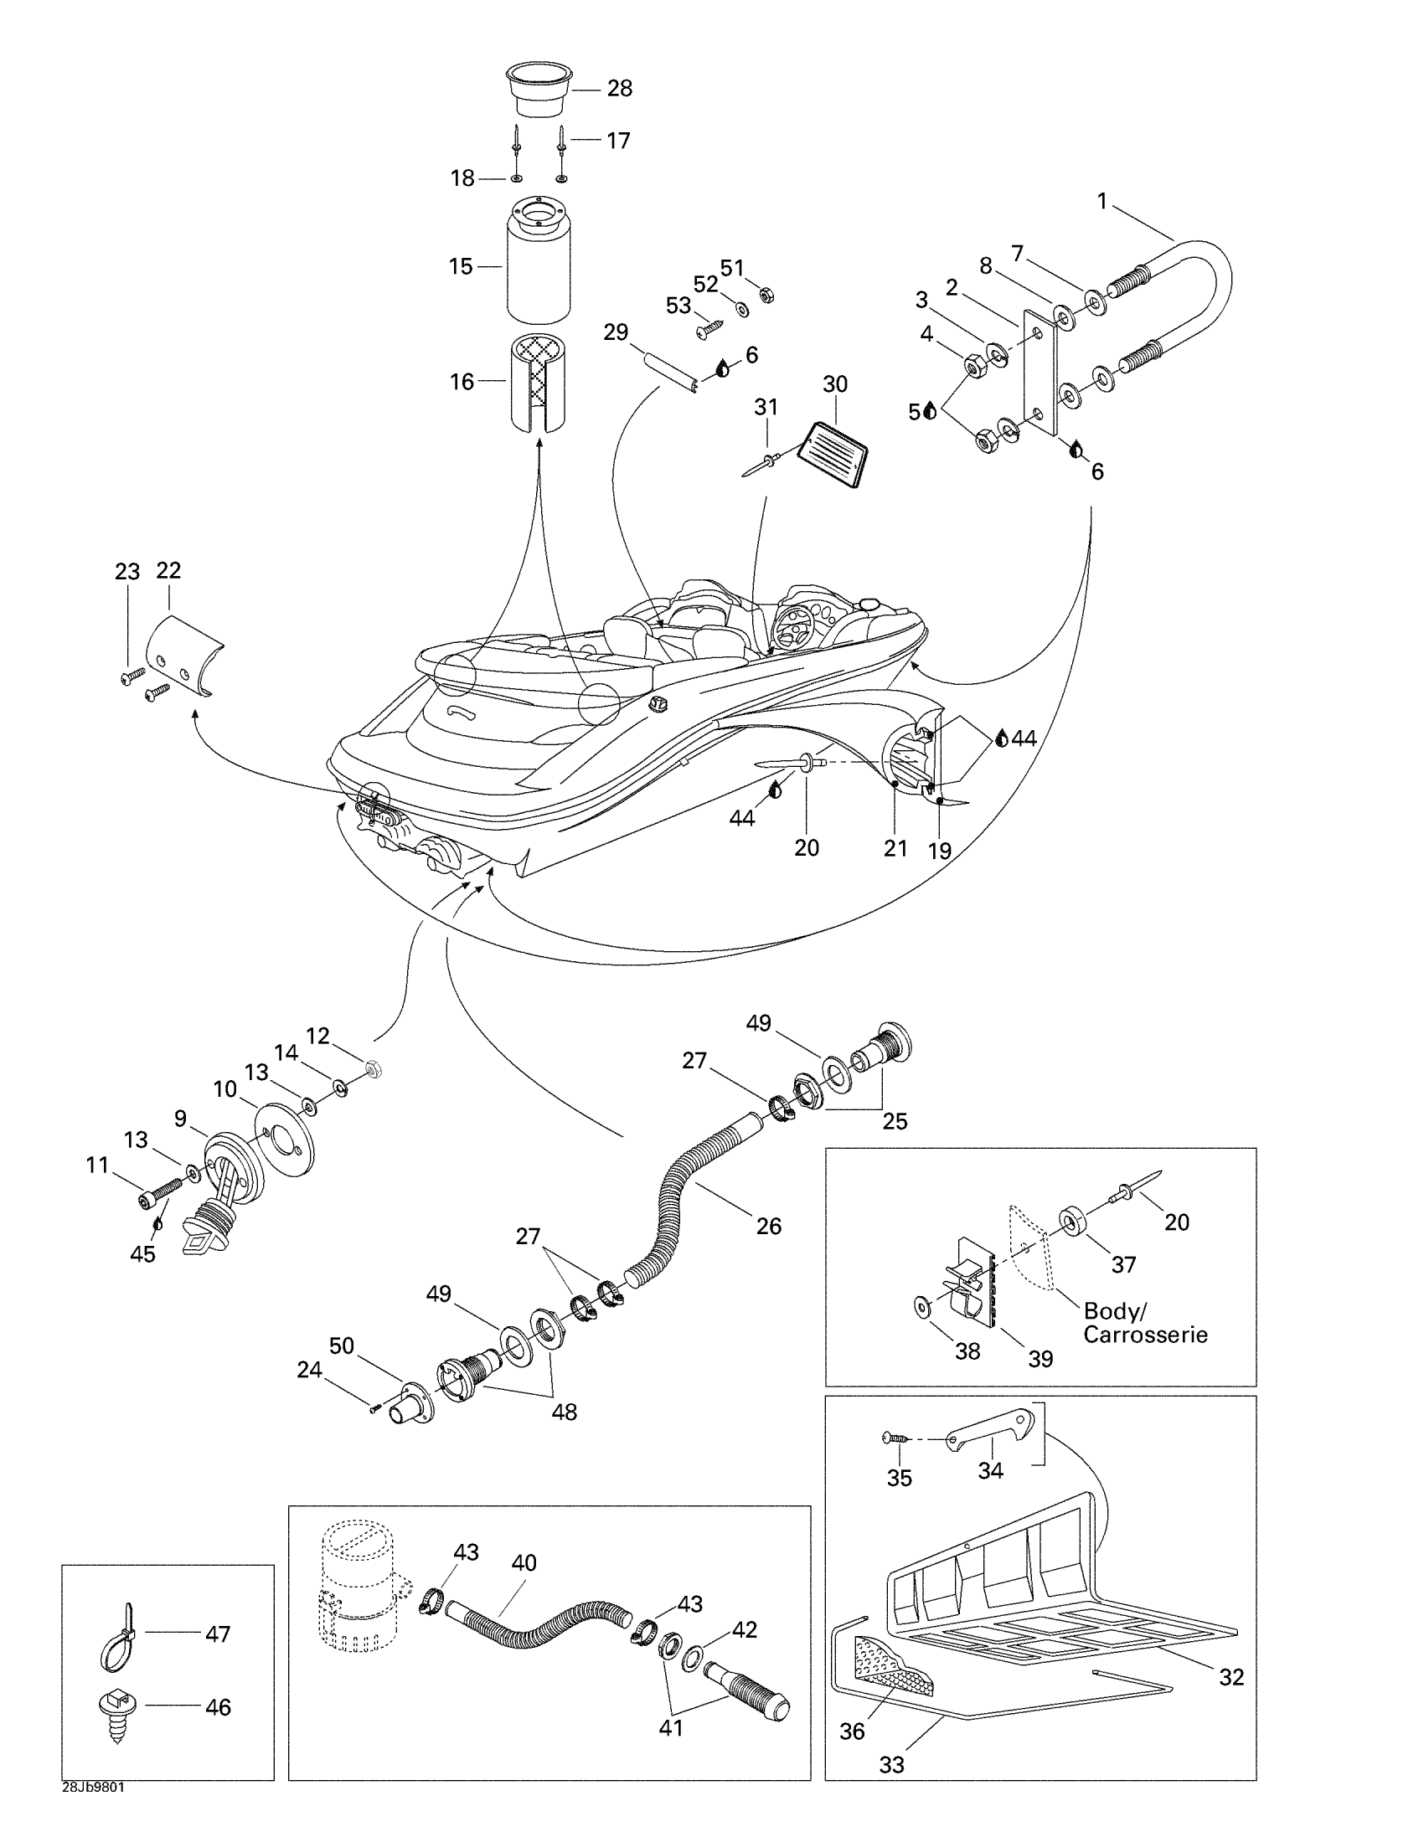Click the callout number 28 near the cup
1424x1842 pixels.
click(620, 89)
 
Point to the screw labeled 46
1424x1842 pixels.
click(118, 1711)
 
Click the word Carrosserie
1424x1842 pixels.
click(1145, 1335)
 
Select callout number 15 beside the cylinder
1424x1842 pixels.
click(461, 266)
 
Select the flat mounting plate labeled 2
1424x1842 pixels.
click(1040, 371)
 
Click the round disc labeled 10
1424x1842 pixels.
click(284, 1138)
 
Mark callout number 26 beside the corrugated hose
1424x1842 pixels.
click(768, 1226)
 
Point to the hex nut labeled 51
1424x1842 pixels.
click(766, 296)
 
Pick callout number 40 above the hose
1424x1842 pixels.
click(524, 1563)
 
